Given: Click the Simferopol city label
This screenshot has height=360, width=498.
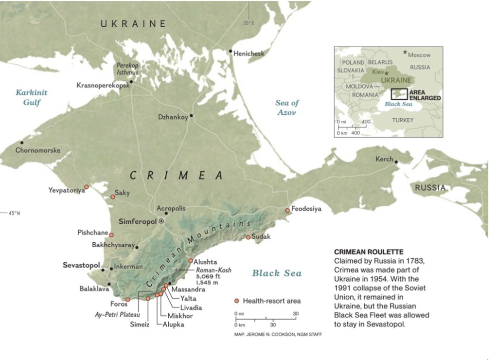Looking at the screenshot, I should click(138, 221).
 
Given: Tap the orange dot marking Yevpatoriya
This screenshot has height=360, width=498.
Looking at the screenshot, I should click(87, 187).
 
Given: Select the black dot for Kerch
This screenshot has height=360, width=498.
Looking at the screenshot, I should click(397, 162).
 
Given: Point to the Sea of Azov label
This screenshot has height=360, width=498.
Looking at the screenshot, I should click(287, 108).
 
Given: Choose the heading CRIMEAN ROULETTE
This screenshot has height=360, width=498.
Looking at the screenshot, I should click(369, 252).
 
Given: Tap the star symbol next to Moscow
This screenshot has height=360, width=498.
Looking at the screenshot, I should click(405, 52).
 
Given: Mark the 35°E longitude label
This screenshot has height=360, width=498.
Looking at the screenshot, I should click(249, 23).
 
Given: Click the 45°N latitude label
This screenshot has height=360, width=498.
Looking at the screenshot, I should click(14, 213).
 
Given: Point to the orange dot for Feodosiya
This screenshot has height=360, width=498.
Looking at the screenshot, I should click(287, 210).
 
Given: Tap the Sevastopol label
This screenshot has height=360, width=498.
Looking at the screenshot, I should click(81, 266).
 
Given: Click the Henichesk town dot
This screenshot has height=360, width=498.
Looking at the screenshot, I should click(231, 51).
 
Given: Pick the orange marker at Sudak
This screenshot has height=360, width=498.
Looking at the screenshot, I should click(248, 237).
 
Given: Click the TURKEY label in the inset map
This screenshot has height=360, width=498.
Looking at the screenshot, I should click(403, 120).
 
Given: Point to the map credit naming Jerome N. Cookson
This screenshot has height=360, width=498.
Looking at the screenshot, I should click(278, 334).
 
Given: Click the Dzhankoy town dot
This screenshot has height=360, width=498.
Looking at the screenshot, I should click(192, 116).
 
